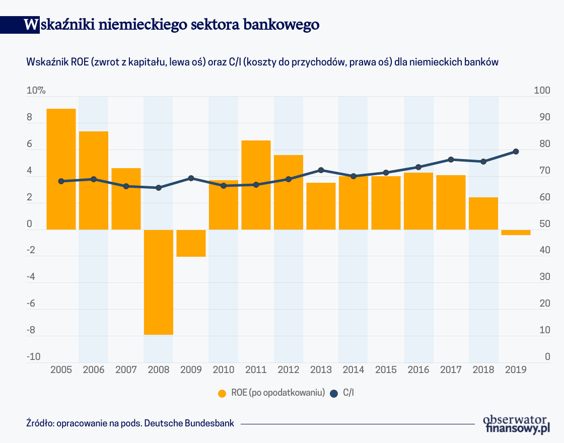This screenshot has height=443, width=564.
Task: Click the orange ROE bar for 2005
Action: tap(61, 169)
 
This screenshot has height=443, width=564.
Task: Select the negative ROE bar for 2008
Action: tap(159, 282)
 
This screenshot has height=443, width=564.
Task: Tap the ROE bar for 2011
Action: tap(256, 185)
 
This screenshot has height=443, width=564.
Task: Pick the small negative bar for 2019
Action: tap(516, 233)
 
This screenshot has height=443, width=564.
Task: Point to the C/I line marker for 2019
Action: tap(516, 152)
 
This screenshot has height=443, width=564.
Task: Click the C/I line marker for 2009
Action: tap(191, 178)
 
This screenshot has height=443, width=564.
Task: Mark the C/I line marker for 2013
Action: tap(321, 170)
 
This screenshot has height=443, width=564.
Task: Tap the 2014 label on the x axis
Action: tap(354, 370)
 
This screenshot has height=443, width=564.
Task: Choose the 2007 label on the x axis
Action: tap(126, 370)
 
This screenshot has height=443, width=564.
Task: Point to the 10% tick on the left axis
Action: tap(36, 91)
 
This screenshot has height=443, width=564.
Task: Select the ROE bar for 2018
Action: tap(483, 213)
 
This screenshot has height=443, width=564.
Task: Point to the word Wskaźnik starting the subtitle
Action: tap(45, 62)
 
